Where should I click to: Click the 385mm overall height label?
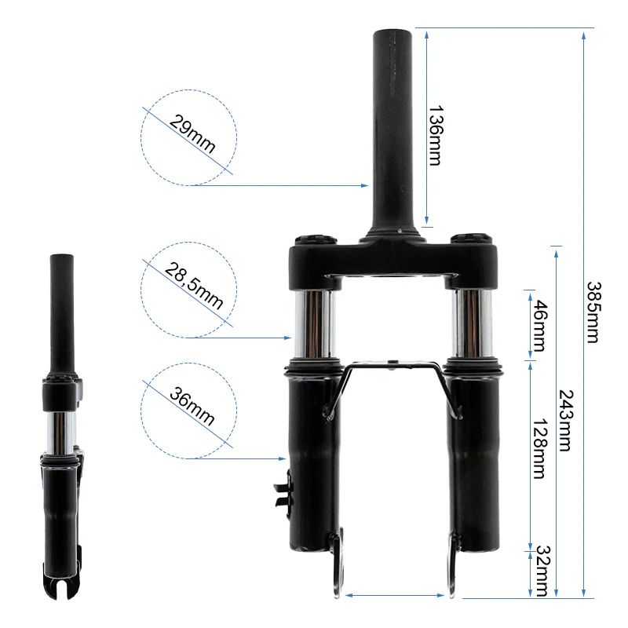pyautogui.click(x=593, y=312)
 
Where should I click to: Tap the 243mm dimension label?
pyautogui.click(x=565, y=421)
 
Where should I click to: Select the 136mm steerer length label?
pyautogui.click(x=436, y=135)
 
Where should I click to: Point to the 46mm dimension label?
pyautogui.click(x=539, y=326)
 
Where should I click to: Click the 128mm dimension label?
pyautogui.click(x=539, y=448)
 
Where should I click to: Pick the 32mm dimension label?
pyautogui.click(x=542, y=571)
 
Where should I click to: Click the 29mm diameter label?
pyautogui.click(x=192, y=133)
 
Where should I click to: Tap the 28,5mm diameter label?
pyautogui.click(x=194, y=286)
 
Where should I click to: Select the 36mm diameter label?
pyautogui.click(x=192, y=406)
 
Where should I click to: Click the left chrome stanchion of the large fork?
pyautogui.click(x=314, y=323)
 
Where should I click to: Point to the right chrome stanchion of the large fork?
pyautogui.click(x=473, y=323)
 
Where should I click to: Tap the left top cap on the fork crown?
pyautogui.click(x=316, y=240)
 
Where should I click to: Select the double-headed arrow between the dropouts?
pyautogui.click(x=395, y=595)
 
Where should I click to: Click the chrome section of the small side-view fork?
pyautogui.click(x=61, y=433)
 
